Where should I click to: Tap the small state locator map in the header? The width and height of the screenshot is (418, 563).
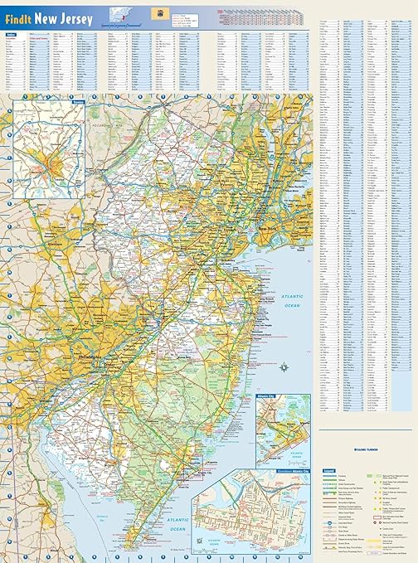[113, 14]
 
